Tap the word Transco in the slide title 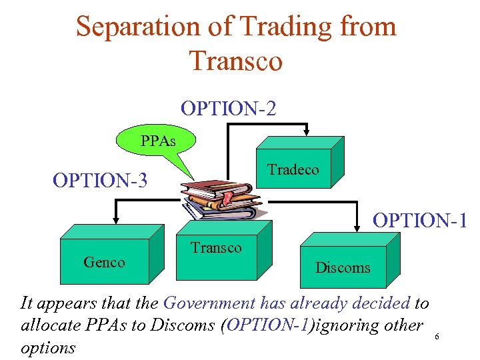coord(236,61)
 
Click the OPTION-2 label coord(228,108)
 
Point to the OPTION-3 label coord(100,181)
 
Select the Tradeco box coord(293,169)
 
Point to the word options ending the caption coord(48,347)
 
